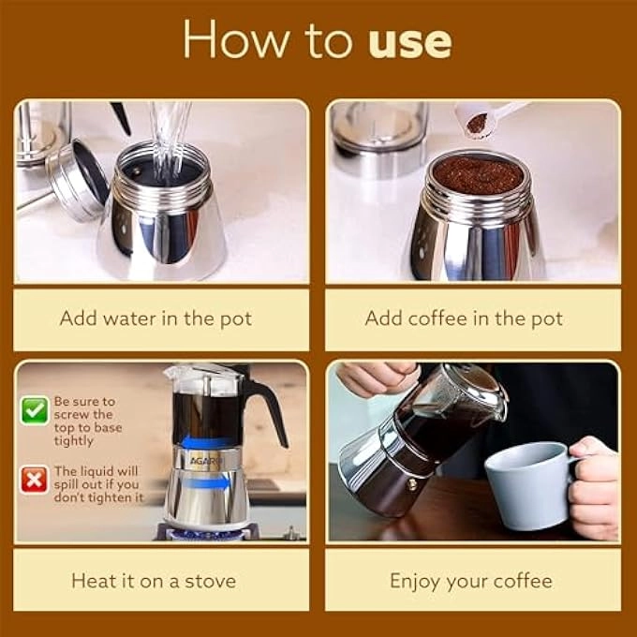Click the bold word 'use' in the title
click(x=409, y=41)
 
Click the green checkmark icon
click(x=35, y=409)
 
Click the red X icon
click(x=35, y=480)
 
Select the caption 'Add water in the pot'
click(x=156, y=318)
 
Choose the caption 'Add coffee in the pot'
click(x=464, y=318)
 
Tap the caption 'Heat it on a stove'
click(x=156, y=581)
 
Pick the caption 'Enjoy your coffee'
click(x=470, y=581)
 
